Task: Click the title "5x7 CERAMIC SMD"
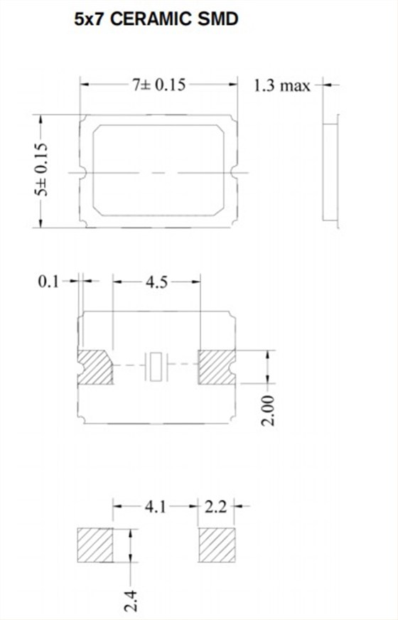156,19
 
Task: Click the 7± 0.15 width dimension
159,85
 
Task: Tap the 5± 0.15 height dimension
41,170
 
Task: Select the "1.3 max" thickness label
282,85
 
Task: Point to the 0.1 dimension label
48,282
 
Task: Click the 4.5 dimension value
156,282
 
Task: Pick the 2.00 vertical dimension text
269,410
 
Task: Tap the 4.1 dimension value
156,506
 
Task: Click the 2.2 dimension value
216,506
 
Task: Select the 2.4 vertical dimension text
131,600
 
